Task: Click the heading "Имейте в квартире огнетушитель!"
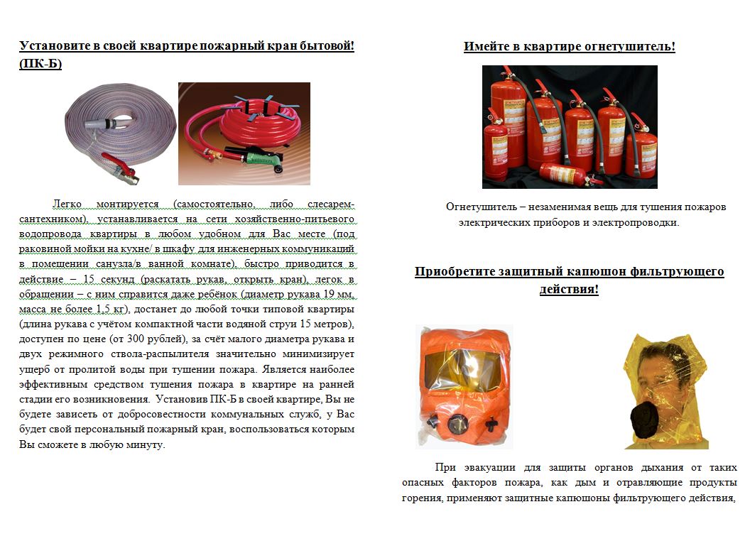pyautogui.click(x=569, y=47)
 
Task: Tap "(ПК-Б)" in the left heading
pyautogui.click(x=40, y=64)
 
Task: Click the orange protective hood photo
pyautogui.click(x=464, y=387)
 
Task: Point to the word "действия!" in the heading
pyautogui.click(x=569, y=290)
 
